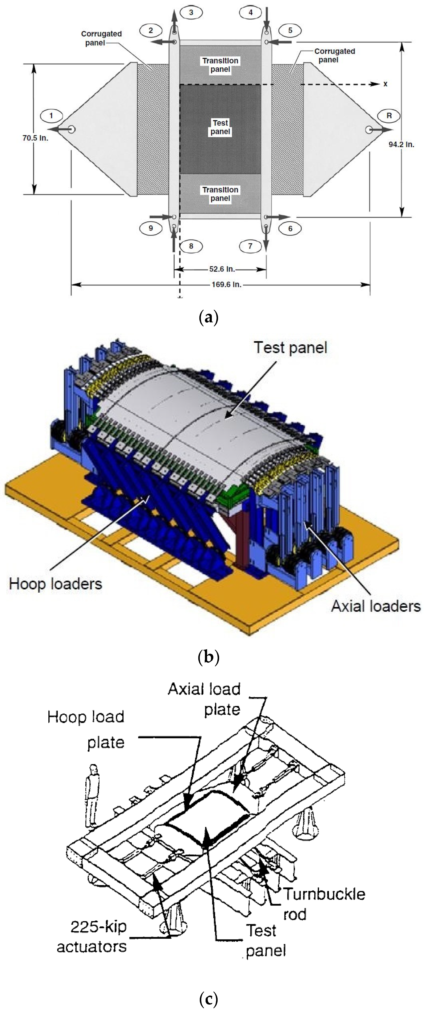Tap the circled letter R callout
coord(389,116)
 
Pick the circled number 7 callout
coord(250,246)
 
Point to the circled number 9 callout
coord(151,228)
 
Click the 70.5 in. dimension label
coord(35,138)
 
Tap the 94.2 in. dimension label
coord(401,144)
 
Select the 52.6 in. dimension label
coord(222,269)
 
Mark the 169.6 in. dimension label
coord(226,284)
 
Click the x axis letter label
coord(386,84)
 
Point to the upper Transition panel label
coord(220,65)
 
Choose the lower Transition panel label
coord(220,194)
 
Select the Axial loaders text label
coord(376,606)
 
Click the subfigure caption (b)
coord(209,657)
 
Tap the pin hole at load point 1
coord(72,129)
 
